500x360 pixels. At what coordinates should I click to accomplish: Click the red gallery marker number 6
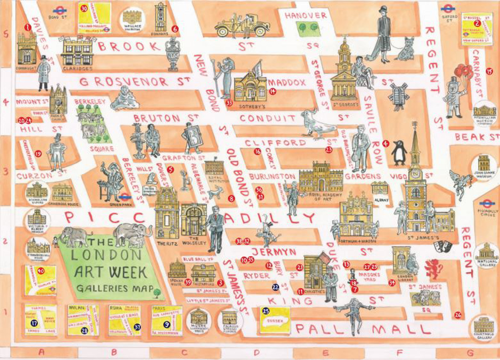174,29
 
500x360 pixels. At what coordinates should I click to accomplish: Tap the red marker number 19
38,154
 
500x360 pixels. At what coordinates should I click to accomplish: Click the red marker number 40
41,271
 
